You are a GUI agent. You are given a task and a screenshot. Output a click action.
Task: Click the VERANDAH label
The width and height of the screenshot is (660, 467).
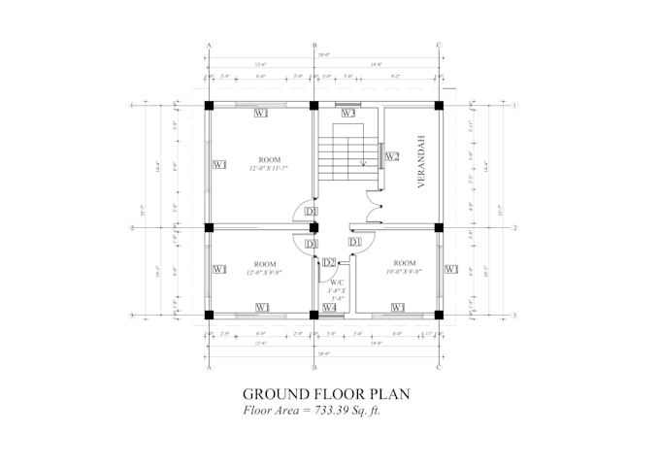(422, 167)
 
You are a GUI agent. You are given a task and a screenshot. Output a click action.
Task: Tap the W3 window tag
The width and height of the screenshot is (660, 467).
(347, 114)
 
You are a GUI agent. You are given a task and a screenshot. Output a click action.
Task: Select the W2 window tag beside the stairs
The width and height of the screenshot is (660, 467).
(392, 156)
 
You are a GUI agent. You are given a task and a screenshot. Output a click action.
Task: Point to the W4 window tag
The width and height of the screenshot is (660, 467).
(330, 308)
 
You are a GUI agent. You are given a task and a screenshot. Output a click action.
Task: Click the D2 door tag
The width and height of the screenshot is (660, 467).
(330, 263)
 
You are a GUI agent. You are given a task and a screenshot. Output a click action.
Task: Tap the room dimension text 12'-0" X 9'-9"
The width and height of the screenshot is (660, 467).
(264, 274)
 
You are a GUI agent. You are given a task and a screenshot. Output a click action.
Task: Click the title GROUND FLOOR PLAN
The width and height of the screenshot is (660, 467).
(326, 394)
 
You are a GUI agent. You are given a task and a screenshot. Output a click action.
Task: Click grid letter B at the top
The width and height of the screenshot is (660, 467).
(314, 46)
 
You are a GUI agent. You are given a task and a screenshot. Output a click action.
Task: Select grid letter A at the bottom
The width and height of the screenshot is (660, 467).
(210, 368)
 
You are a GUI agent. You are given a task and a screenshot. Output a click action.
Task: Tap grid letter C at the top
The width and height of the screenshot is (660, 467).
(439, 46)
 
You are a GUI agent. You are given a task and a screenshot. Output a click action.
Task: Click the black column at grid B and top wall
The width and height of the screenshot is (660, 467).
(314, 105)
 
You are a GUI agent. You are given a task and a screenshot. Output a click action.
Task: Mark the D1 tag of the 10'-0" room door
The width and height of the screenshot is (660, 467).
(354, 242)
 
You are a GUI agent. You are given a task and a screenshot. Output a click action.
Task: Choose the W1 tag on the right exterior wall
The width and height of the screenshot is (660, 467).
(450, 269)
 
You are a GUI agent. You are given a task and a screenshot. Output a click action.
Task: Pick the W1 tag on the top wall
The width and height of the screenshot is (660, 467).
(261, 114)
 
